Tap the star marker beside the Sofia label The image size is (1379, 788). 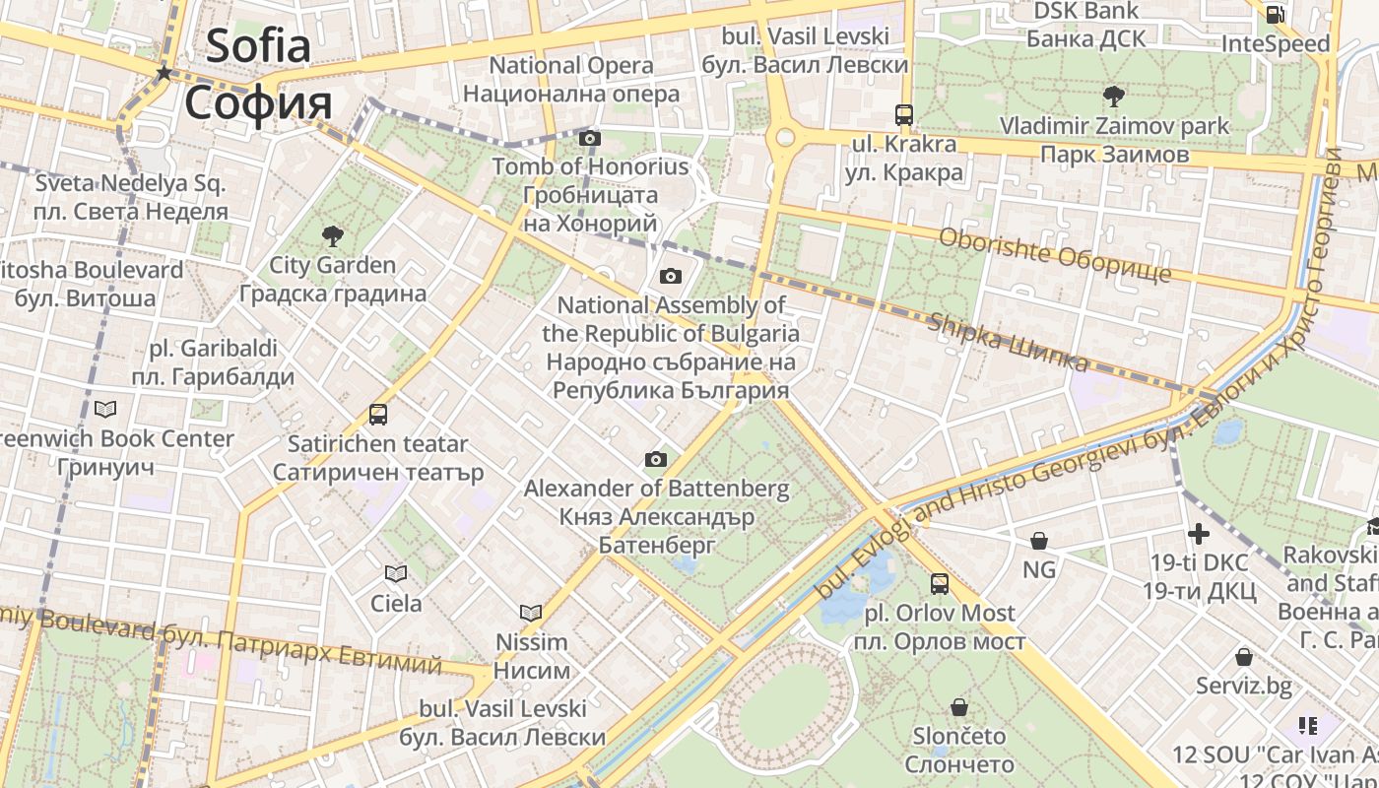click(164, 73)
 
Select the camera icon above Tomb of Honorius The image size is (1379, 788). click(590, 139)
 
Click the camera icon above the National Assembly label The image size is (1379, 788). click(671, 276)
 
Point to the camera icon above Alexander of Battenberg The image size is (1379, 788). click(656, 460)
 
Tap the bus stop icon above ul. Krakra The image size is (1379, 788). click(904, 114)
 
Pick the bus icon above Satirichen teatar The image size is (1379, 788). click(378, 415)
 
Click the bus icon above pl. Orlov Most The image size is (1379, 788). click(940, 584)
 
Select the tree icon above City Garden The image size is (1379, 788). click(333, 236)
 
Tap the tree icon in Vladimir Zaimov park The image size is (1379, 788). click(1114, 97)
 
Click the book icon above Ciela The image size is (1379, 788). click(396, 573)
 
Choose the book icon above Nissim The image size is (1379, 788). click(531, 613)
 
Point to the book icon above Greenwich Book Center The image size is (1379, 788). click(105, 409)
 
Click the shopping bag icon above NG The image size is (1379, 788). click(1038, 541)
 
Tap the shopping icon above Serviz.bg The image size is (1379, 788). click(1244, 657)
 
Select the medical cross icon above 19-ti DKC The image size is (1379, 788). click(1199, 534)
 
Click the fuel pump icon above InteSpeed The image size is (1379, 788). click(1275, 14)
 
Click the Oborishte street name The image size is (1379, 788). click(1054, 254)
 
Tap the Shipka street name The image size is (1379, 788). click(1009, 343)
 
